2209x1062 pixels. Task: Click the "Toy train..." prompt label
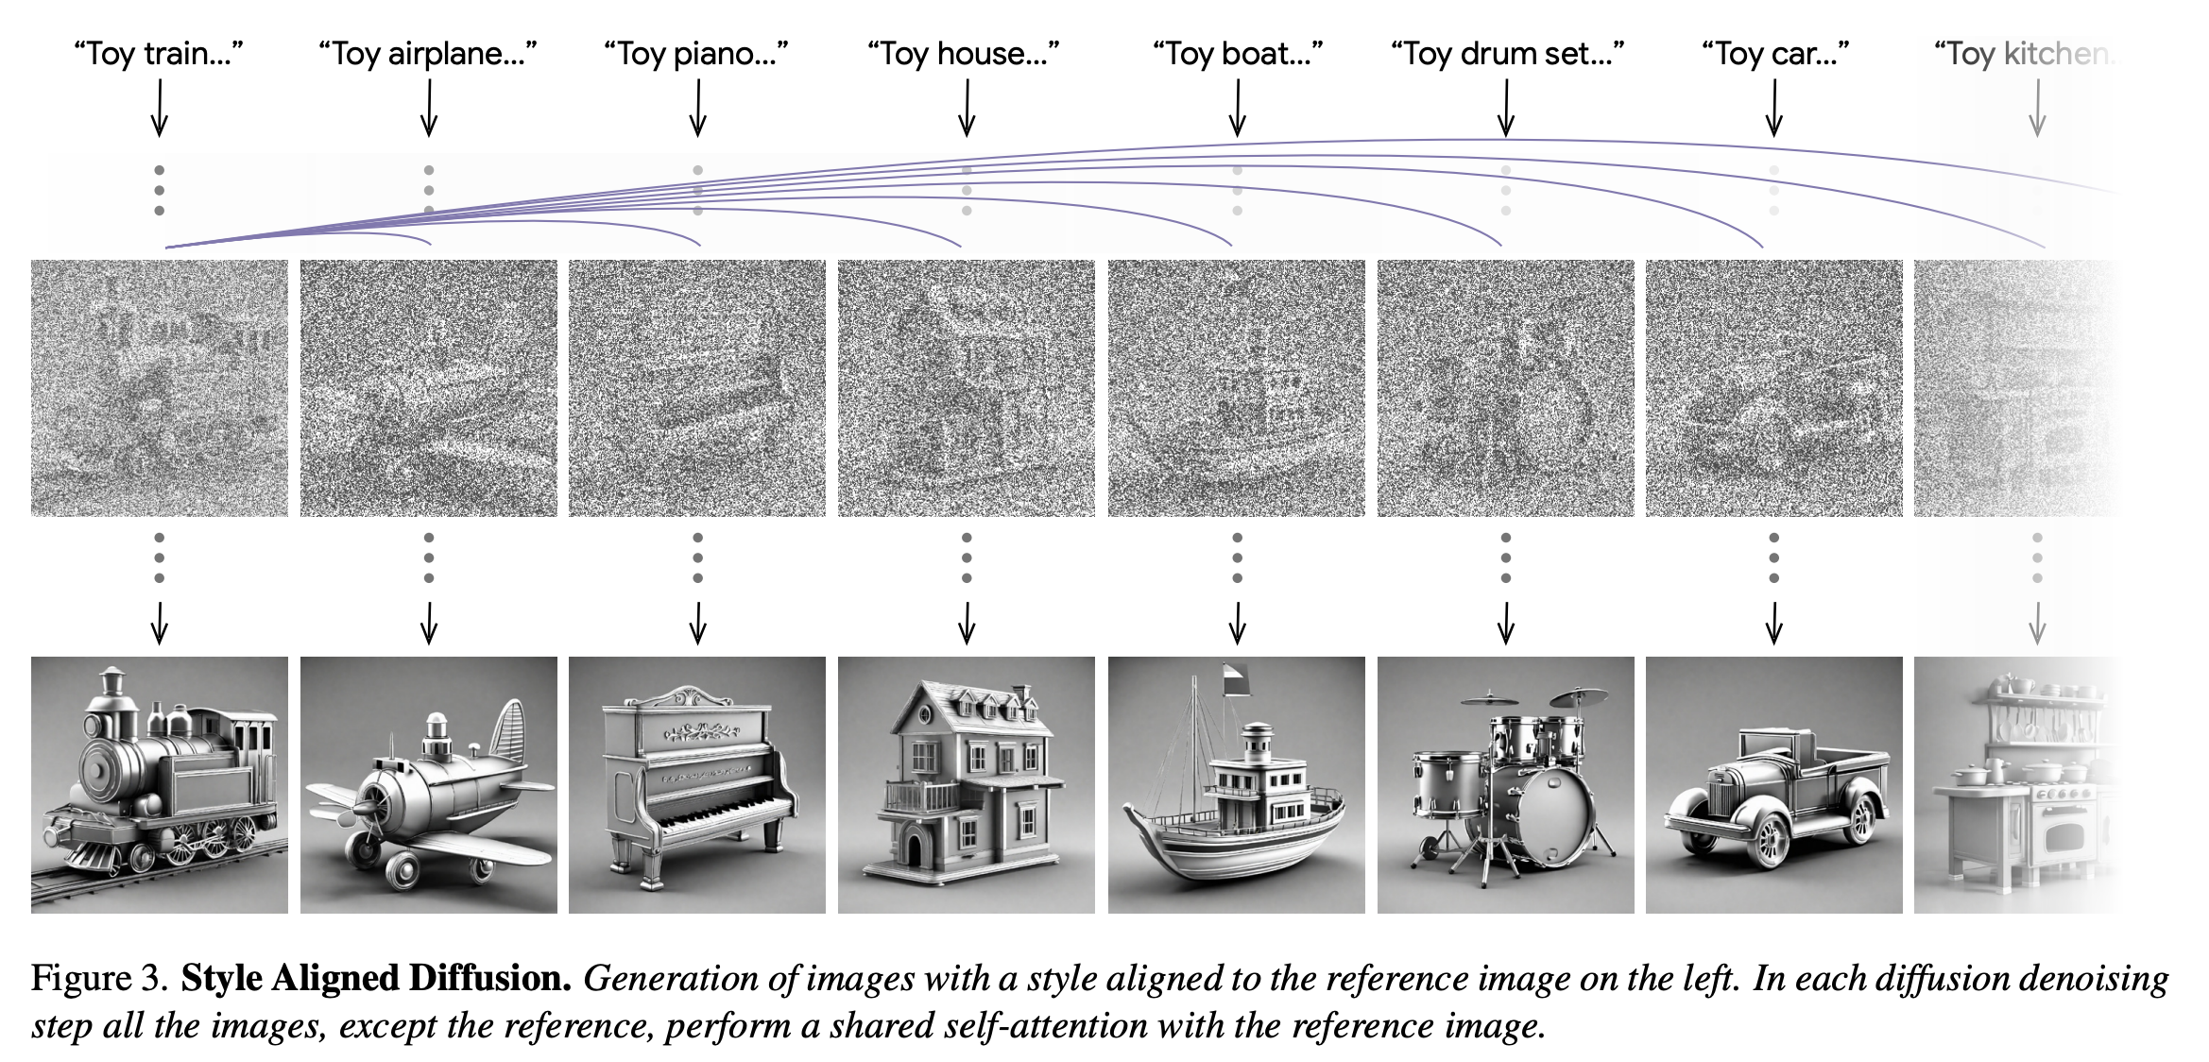[159, 54]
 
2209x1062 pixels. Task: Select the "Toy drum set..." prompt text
[1506, 54]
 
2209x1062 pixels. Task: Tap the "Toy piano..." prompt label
[696, 54]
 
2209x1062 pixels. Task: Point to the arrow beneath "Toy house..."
[967, 108]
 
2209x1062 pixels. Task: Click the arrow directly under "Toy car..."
[1774, 108]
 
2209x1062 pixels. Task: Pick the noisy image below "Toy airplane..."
[428, 388]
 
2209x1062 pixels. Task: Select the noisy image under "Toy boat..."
[1236, 388]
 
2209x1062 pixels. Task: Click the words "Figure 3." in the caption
[100, 979]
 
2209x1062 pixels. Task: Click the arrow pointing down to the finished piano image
[697, 624]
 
